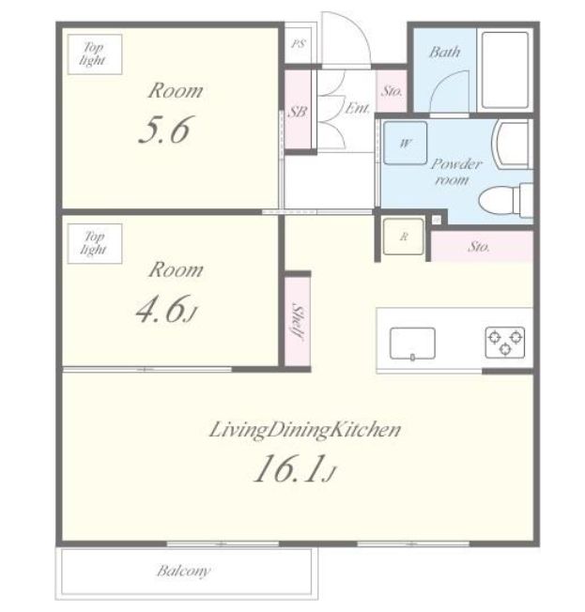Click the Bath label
(444, 52)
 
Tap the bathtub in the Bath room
(505, 70)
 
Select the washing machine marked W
(405, 143)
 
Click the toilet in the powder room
(506, 200)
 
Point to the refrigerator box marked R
(404, 237)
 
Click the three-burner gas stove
(505, 343)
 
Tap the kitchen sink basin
(412, 344)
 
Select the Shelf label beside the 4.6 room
(298, 322)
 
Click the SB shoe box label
(297, 112)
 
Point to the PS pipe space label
(299, 44)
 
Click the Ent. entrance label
(358, 107)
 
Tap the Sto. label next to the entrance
(392, 91)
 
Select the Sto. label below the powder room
(479, 246)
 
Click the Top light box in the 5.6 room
(95, 54)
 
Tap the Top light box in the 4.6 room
(95, 243)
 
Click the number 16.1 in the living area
(290, 468)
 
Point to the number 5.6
(164, 130)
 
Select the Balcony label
(183, 571)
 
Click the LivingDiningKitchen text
(305, 430)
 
